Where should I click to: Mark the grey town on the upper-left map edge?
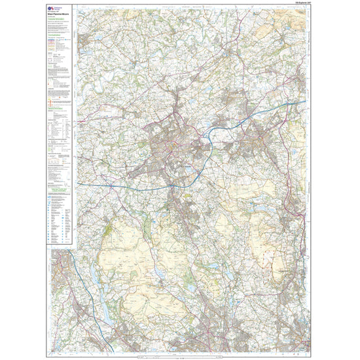[84, 43]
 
